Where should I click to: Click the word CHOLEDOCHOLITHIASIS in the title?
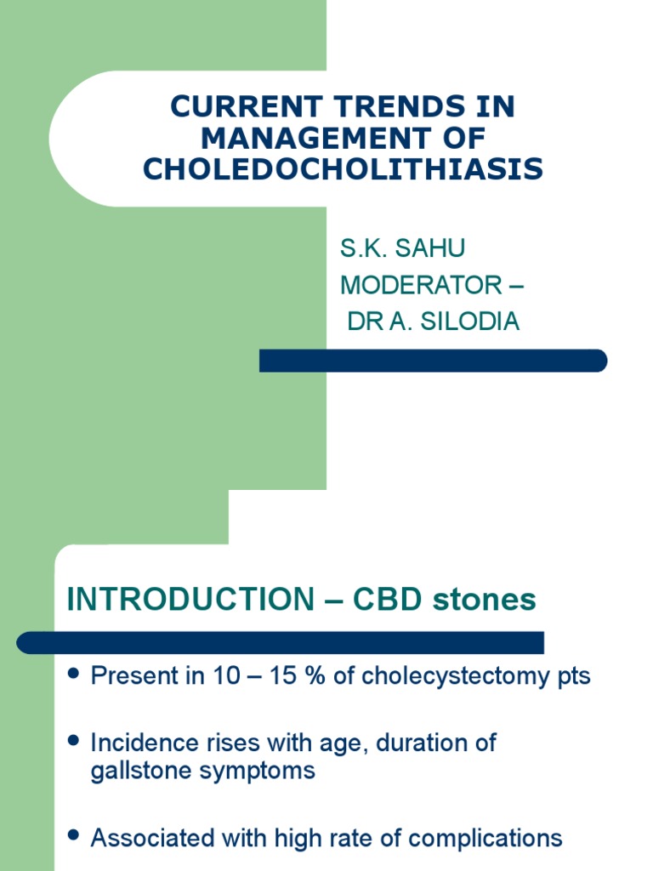(x=343, y=169)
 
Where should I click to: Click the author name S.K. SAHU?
(x=402, y=249)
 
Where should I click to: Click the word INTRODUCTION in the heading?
(x=190, y=600)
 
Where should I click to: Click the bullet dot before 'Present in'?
(x=73, y=675)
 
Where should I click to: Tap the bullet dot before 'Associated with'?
(x=73, y=837)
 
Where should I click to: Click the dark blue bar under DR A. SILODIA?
(x=433, y=361)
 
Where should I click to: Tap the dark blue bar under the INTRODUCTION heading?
(x=281, y=642)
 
